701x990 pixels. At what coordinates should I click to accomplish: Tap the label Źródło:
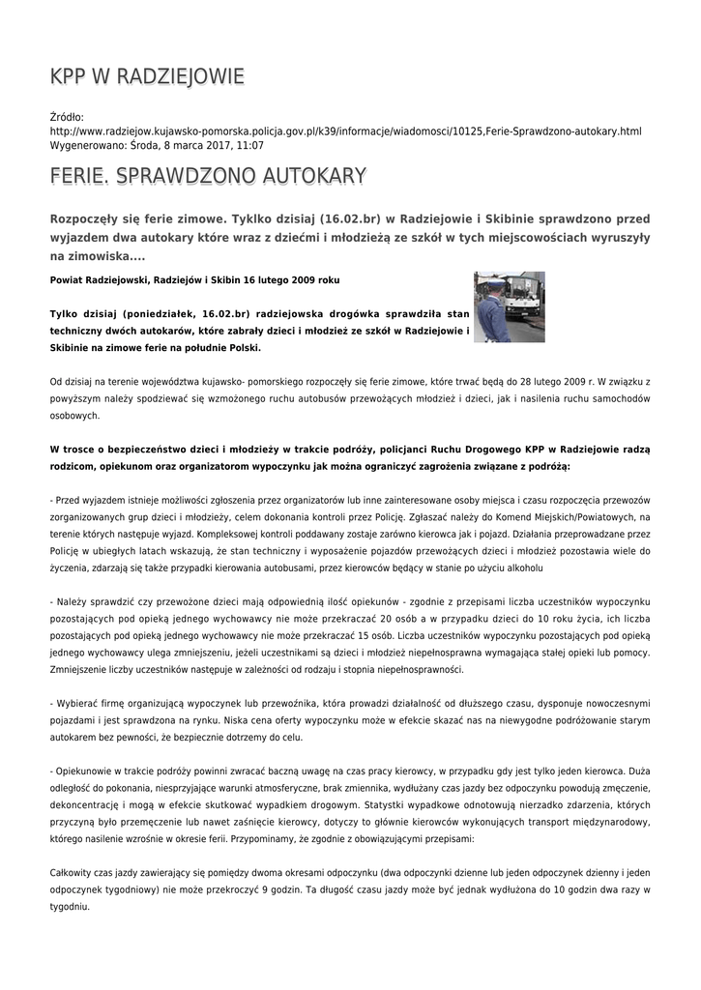67,117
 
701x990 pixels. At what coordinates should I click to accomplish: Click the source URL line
345,131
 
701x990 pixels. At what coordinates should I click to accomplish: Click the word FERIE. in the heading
81,176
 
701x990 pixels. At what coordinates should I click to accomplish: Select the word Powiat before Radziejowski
68,280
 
